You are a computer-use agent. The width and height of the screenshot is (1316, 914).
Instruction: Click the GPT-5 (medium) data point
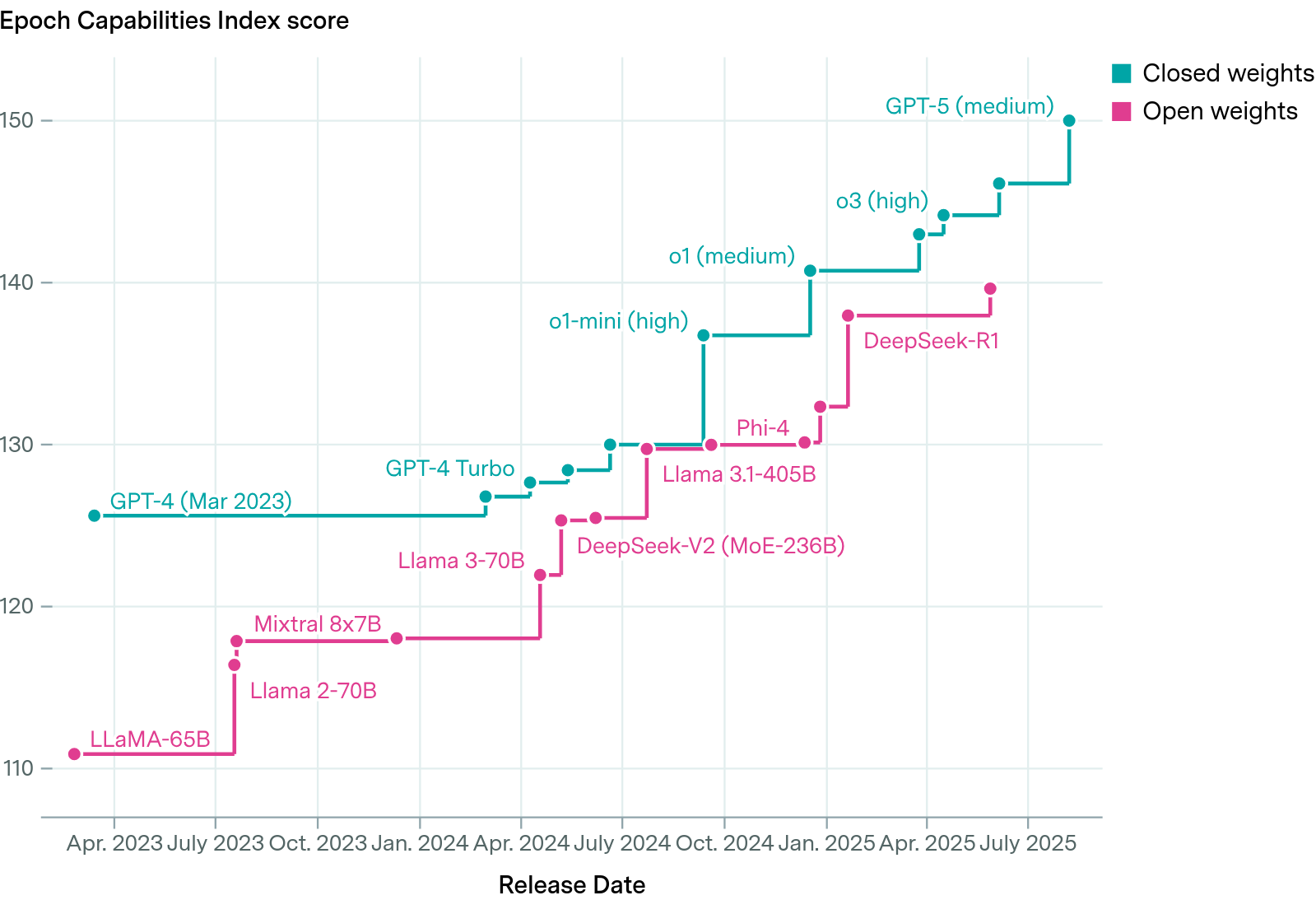click(x=1069, y=121)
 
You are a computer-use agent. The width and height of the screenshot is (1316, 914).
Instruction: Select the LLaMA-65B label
click(x=150, y=739)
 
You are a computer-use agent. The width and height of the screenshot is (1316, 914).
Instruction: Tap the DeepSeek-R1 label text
click(x=931, y=341)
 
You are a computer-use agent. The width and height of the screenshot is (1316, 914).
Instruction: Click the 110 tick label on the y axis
click(x=17, y=768)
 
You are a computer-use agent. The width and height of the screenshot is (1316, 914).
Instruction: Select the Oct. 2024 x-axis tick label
click(x=724, y=843)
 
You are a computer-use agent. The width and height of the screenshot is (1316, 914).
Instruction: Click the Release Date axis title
click(x=571, y=885)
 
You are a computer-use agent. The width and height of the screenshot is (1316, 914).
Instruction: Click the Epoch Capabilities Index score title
click(x=174, y=21)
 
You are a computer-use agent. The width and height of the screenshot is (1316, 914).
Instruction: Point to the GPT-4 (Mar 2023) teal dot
click(x=95, y=515)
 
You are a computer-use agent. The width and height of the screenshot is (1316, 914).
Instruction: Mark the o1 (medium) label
click(x=732, y=256)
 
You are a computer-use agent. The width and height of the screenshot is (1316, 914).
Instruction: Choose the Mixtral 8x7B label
click(x=318, y=624)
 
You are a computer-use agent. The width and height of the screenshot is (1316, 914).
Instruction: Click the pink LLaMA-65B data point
click(x=75, y=754)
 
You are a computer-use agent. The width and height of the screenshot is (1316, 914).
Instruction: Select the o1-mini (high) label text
click(x=618, y=321)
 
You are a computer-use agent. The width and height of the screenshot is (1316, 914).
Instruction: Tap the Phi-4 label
click(x=762, y=428)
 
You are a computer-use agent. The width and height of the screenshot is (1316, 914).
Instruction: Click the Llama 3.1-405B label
click(x=739, y=474)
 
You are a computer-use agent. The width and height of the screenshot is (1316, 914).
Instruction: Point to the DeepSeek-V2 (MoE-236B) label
click(x=710, y=546)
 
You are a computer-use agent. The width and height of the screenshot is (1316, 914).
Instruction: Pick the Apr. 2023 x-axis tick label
click(x=114, y=843)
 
